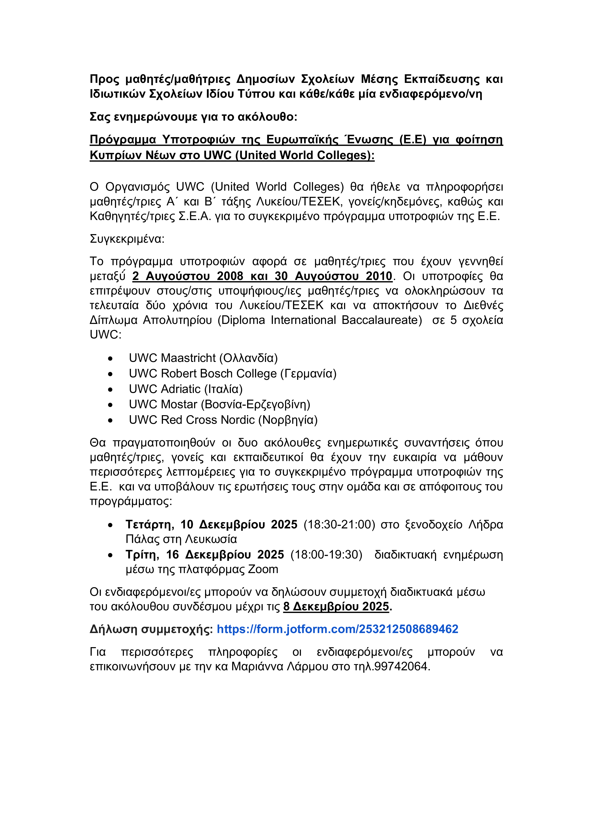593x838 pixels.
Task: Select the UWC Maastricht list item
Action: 203,358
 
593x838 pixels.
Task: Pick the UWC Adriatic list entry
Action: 185,389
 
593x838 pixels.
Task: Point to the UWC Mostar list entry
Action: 219,404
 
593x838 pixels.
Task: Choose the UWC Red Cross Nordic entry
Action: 223,420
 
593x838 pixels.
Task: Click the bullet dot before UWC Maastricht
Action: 110,359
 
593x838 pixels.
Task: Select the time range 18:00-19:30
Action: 326,555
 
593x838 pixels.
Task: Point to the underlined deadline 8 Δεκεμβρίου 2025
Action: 336,607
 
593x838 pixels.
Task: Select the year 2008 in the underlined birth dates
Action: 230,276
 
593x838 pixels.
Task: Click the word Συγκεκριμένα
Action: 127,239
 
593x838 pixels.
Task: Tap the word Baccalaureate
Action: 381,320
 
